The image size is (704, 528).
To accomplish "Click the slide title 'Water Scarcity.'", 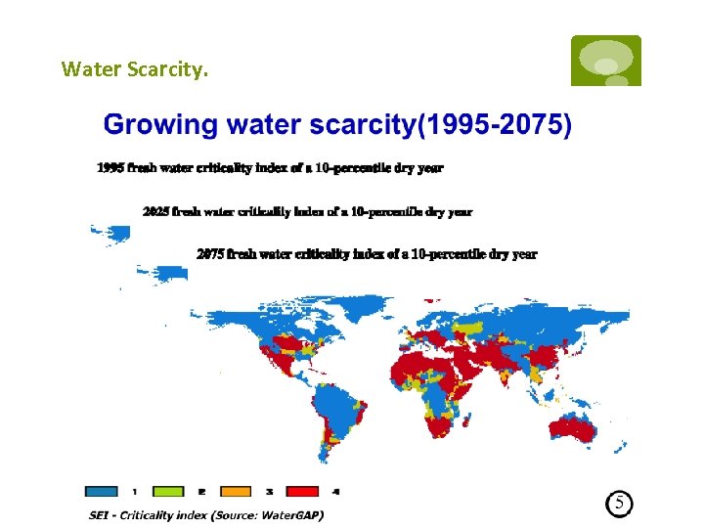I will (134, 69).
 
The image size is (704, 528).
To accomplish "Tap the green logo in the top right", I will (605, 61).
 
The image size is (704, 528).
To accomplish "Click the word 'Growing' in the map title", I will (160, 125).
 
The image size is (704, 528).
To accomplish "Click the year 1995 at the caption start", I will (110, 168).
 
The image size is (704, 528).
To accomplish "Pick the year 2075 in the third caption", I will (210, 254).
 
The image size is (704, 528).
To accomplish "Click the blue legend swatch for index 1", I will (101, 492).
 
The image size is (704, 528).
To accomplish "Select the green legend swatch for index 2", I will (166, 492).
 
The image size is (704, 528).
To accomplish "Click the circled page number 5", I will (619, 504).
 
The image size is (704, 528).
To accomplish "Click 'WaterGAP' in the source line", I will (290, 514).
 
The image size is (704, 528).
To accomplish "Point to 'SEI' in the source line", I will (99, 514).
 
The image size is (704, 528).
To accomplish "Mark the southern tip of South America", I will (325, 456).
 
